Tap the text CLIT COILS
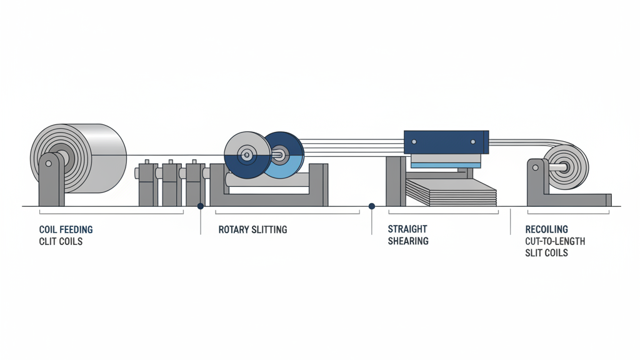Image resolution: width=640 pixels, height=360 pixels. [x=61, y=241]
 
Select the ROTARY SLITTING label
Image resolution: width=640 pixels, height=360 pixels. [x=252, y=230]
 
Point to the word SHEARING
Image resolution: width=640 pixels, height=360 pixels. [x=408, y=241]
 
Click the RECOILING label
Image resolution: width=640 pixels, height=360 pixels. [x=547, y=230]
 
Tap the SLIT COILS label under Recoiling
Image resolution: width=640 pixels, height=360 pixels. [x=547, y=252]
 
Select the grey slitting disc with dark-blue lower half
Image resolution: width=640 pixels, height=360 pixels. [x=247, y=155]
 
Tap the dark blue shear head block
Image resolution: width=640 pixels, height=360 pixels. [x=446, y=142]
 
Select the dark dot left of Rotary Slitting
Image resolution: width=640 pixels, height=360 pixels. [x=201, y=206]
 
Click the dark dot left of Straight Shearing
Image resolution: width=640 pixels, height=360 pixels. [x=372, y=206]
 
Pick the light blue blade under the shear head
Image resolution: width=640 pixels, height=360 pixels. [x=446, y=165]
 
